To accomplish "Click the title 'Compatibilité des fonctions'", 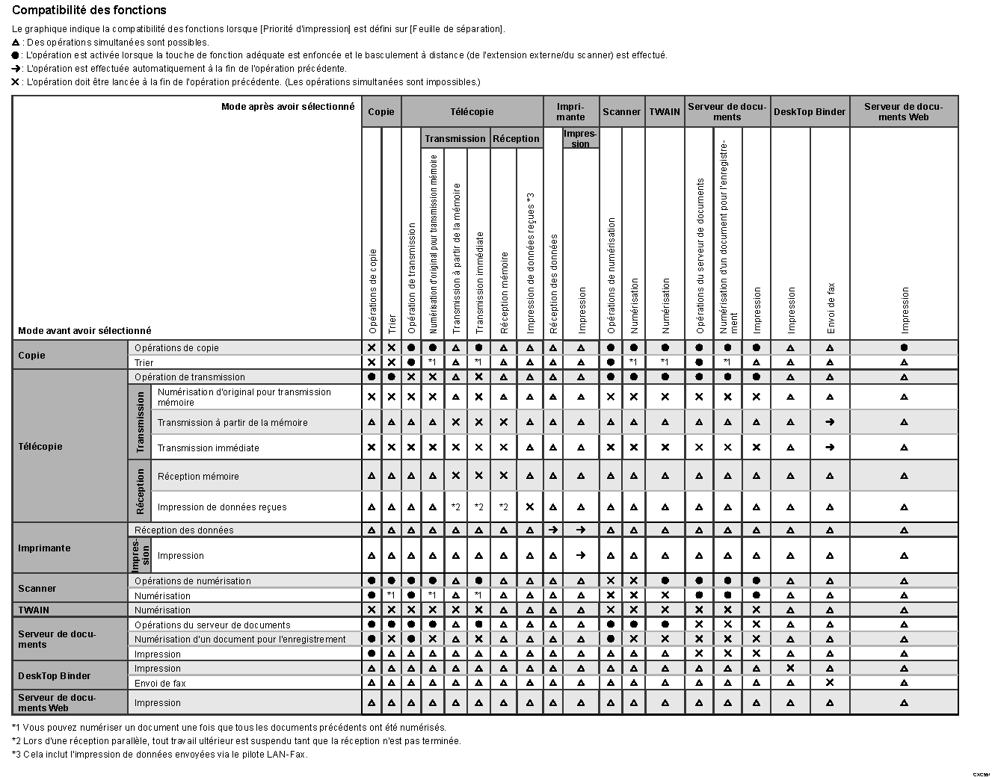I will click(x=89, y=10).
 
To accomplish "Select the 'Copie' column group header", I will click(x=381, y=112).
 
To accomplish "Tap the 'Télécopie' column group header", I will click(x=472, y=112).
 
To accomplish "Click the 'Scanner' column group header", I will click(x=621, y=112).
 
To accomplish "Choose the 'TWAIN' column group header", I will click(x=665, y=112).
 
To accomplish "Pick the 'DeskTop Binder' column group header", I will click(x=810, y=112).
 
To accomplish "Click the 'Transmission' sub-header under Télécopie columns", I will click(x=455, y=139).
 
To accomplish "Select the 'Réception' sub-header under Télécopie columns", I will click(x=516, y=139).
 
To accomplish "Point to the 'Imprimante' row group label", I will click(x=44, y=548).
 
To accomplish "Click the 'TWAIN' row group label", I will click(x=34, y=610).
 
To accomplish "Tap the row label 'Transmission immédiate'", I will click(x=209, y=448).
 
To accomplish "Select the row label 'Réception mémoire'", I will click(x=198, y=477).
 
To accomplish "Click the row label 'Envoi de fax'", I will click(x=160, y=684).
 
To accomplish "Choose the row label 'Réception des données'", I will click(x=184, y=530).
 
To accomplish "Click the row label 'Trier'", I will click(x=144, y=363).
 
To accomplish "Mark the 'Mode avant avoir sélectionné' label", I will click(x=84, y=331).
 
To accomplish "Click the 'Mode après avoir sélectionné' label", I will click(x=288, y=107).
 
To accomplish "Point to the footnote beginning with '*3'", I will click(x=159, y=755).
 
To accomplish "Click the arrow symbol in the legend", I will click(x=16, y=69).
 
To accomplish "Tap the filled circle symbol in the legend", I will click(x=16, y=55).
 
